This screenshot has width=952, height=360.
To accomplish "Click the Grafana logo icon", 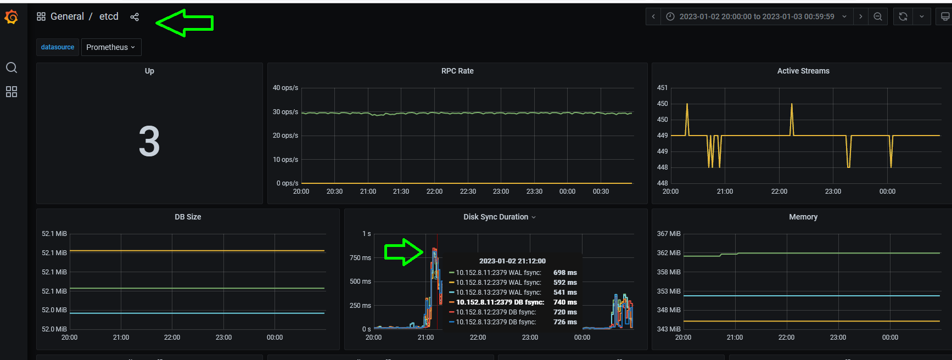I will click(x=11, y=17).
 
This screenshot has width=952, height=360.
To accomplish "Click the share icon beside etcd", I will click(x=135, y=17).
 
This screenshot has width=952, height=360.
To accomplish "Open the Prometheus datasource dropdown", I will click(x=111, y=47).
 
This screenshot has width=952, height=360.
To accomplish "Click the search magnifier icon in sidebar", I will click(x=12, y=67).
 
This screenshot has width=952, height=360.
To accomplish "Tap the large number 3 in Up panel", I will click(x=149, y=141).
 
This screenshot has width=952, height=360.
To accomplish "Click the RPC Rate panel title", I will click(x=457, y=71).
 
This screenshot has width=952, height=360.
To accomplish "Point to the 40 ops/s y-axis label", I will click(x=285, y=88).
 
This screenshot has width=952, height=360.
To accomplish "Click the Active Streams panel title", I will click(x=803, y=71).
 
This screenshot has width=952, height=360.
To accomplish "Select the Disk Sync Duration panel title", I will click(x=496, y=217).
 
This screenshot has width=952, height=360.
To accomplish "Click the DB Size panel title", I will click(x=188, y=217).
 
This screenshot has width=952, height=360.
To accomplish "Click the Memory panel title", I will click(x=803, y=217).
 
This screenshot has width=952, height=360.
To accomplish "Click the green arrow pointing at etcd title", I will click(x=184, y=22).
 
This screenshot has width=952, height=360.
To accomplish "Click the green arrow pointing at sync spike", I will click(x=404, y=252).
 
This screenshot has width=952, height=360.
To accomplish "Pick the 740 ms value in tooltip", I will click(x=565, y=302).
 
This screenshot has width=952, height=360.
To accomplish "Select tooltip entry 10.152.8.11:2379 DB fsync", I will click(x=500, y=302).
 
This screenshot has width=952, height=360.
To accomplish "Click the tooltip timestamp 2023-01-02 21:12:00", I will click(x=512, y=261).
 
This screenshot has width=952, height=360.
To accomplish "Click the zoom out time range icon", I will click(x=878, y=16).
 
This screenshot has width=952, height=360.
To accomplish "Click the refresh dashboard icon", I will click(x=903, y=16).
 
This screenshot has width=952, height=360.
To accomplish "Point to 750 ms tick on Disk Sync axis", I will click(x=360, y=258).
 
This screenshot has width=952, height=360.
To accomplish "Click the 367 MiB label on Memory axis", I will click(x=669, y=234).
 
